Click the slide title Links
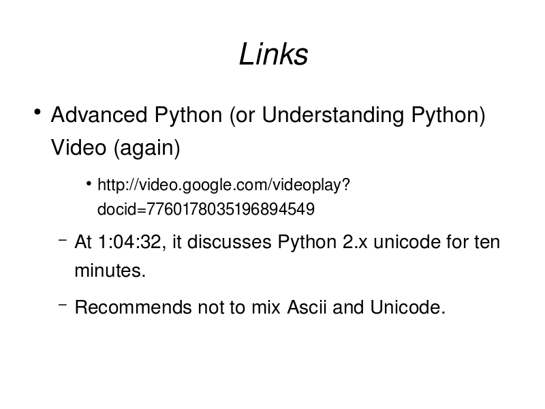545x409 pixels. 274,55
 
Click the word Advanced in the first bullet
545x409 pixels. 99,115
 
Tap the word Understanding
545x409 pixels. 333,115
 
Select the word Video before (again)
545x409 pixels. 78,147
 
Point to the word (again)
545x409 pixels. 146,148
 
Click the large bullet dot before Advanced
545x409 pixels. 37,112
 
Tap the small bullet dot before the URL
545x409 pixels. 89,183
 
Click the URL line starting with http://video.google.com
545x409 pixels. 223,185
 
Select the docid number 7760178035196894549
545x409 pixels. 230,209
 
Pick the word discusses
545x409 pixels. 229,242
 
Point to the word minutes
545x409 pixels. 110,270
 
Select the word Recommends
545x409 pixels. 133,307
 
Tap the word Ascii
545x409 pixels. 307,307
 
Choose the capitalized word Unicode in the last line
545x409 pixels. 407,307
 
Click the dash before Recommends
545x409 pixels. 63,305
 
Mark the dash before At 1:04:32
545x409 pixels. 63,240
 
